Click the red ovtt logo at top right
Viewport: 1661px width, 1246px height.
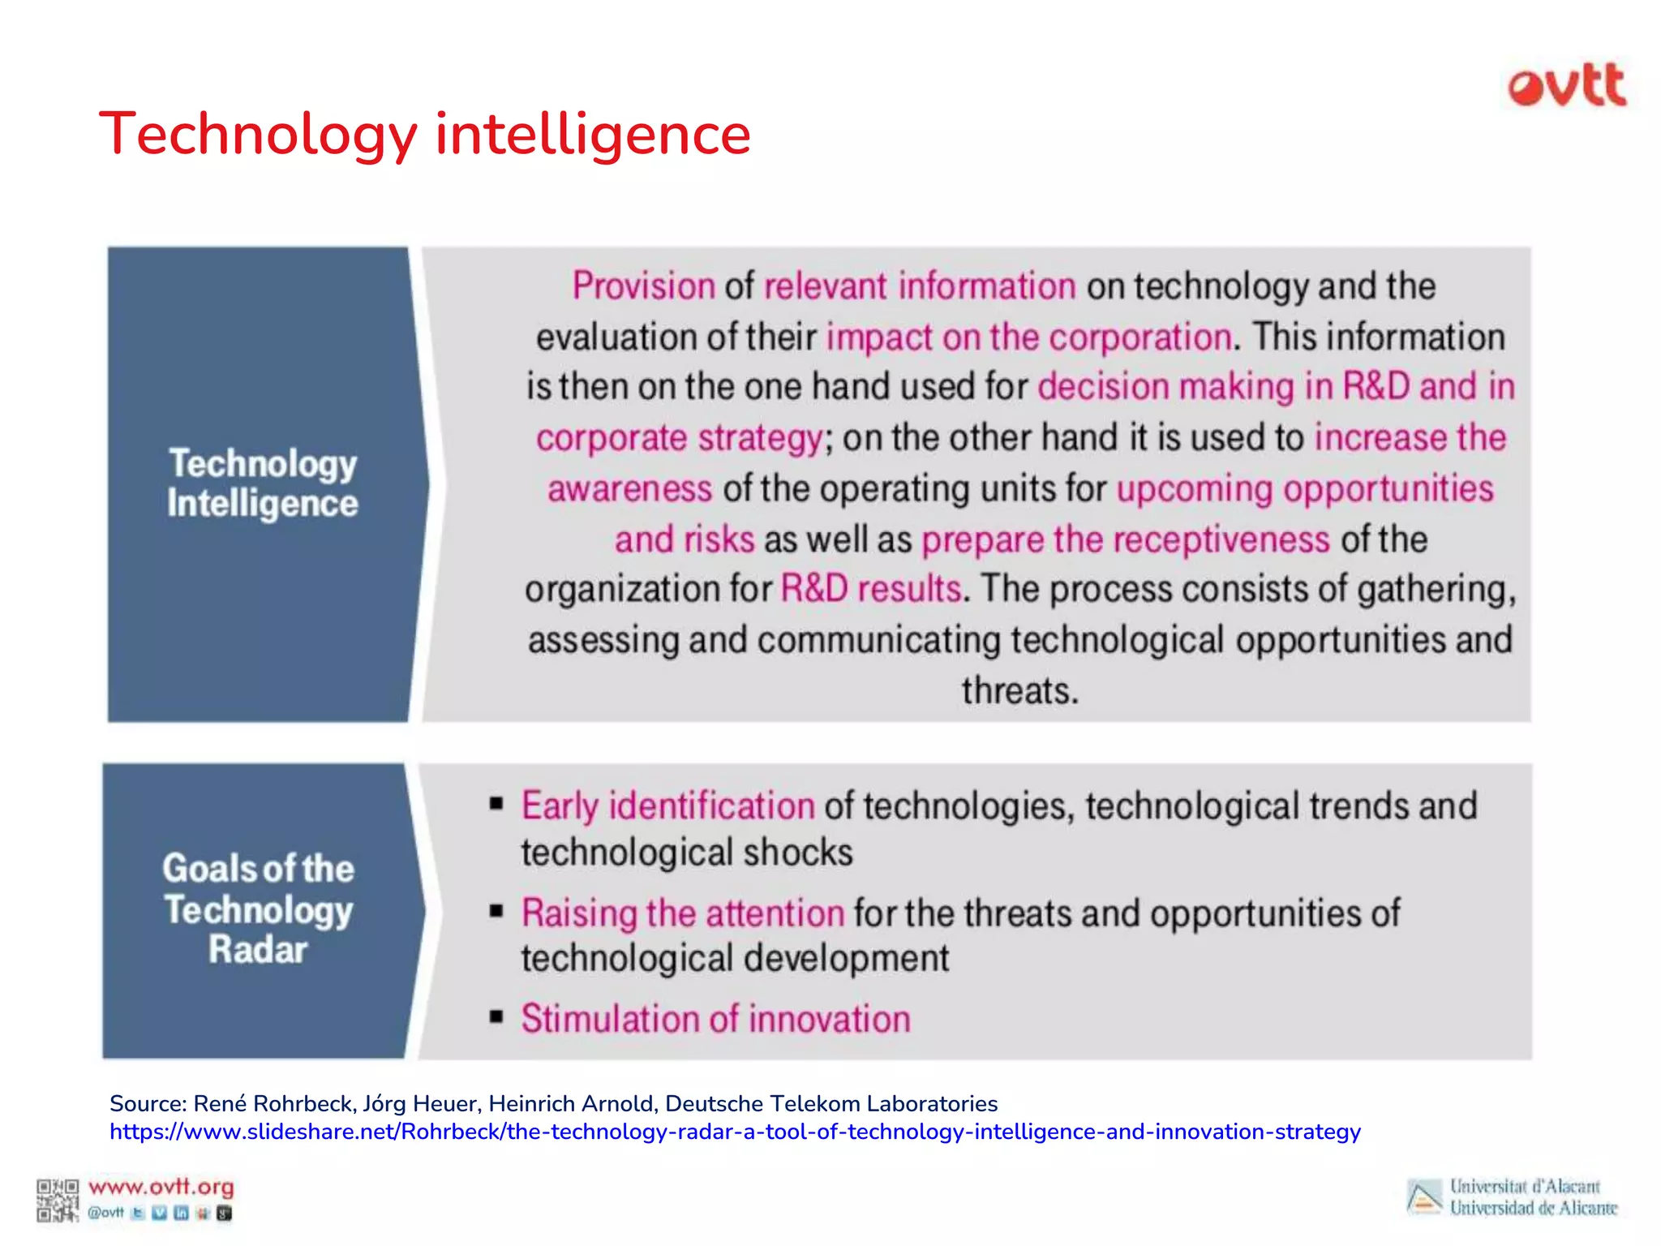pyautogui.click(x=1566, y=86)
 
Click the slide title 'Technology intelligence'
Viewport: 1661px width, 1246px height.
pyautogui.click(x=425, y=134)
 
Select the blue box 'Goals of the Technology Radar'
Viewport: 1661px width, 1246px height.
pyautogui.click(x=258, y=909)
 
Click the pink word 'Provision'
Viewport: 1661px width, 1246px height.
pyautogui.click(x=643, y=286)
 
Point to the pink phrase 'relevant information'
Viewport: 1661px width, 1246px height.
pyautogui.click(x=920, y=286)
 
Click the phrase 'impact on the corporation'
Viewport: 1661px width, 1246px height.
pyautogui.click(x=1028, y=337)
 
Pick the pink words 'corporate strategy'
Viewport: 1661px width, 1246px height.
pyautogui.click(x=680, y=438)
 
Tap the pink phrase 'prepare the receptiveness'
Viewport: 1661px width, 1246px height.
pyautogui.click(x=1126, y=539)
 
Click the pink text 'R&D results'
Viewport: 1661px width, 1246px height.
pyautogui.click(x=870, y=589)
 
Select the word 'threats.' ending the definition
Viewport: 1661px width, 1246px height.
pyautogui.click(x=1020, y=691)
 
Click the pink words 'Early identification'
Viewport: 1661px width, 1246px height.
pyautogui.click(x=667, y=806)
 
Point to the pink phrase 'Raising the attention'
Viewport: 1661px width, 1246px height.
pyautogui.click(x=683, y=913)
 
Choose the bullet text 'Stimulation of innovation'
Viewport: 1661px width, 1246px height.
pyautogui.click(x=715, y=1019)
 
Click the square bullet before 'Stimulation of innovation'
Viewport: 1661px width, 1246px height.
pyautogui.click(x=496, y=1017)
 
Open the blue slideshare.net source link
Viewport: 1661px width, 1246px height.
pyautogui.click(x=735, y=1132)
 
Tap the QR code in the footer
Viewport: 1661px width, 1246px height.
pyautogui.click(x=57, y=1201)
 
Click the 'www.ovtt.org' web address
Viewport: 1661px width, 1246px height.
pyautogui.click(x=161, y=1187)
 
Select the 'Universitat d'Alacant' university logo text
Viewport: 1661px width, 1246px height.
pyautogui.click(x=1525, y=1187)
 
